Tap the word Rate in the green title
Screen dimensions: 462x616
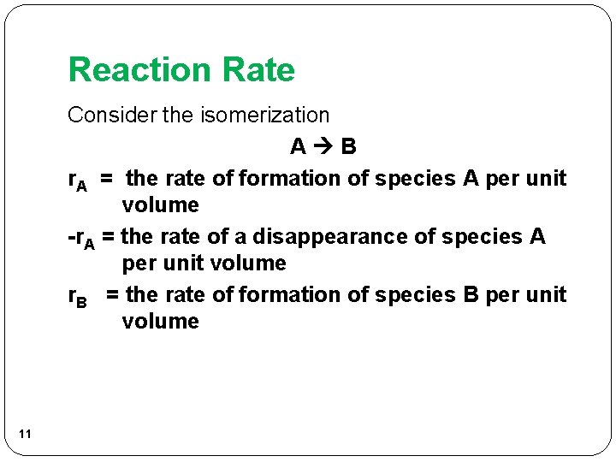(x=258, y=70)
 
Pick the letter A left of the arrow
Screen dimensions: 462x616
(x=298, y=147)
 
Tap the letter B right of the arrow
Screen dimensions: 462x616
(x=348, y=147)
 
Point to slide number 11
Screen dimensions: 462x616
(x=24, y=435)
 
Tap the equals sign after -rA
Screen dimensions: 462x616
(x=108, y=236)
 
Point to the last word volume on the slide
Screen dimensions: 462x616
(x=160, y=321)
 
